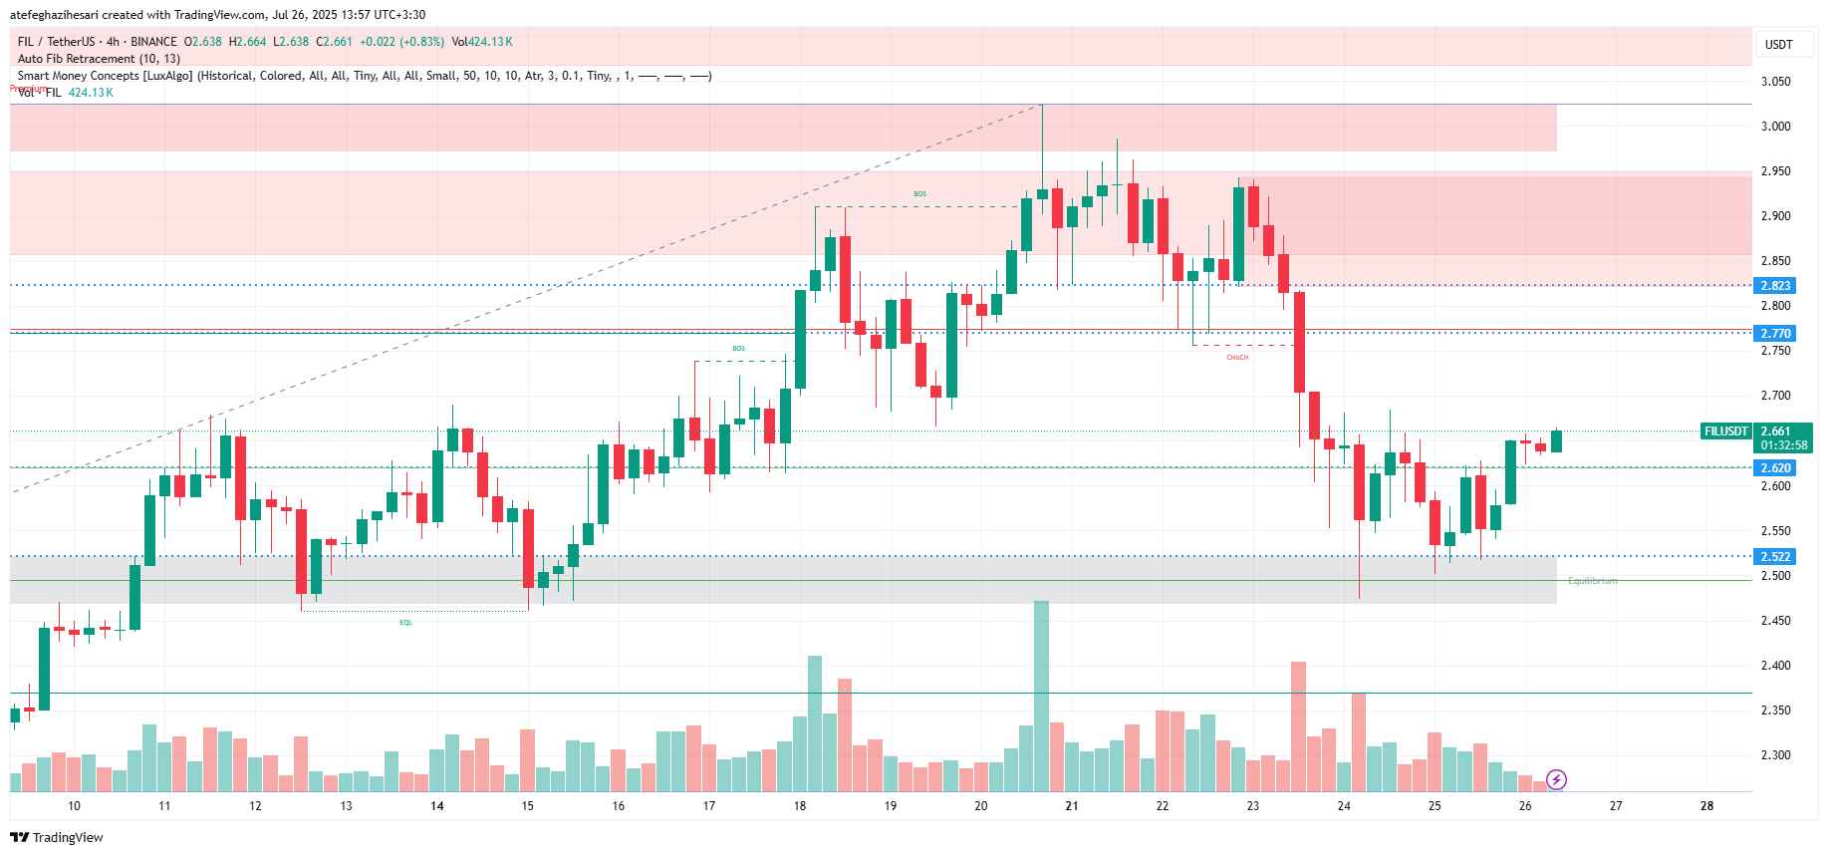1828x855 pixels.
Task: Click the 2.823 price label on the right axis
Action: tap(1775, 286)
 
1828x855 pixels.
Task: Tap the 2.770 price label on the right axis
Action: tap(1775, 334)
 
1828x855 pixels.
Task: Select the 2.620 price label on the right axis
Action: tap(1775, 468)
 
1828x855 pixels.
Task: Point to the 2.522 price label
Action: tap(1775, 557)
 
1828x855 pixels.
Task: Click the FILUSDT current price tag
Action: tap(1726, 431)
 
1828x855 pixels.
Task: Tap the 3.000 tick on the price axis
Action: tap(1775, 127)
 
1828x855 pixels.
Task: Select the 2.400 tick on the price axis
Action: tap(1775, 666)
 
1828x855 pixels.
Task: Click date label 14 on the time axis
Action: tap(437, 806)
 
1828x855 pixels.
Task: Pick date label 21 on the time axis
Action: tap(1072, 806)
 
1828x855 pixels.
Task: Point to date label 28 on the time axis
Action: tap(1706, 806)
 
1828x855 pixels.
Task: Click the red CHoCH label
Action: tap(1237, 357)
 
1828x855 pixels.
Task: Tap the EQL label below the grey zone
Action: tap(405, 623)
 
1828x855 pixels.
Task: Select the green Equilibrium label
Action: tap(1592, 581)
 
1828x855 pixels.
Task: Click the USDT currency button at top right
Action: tap(1778, 44)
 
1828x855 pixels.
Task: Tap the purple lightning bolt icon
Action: tap(1556, 779)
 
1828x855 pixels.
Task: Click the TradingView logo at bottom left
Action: tap(57, 837)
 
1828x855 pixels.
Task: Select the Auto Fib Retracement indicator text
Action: tap(99, 59)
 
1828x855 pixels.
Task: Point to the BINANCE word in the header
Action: tap(153, 42)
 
